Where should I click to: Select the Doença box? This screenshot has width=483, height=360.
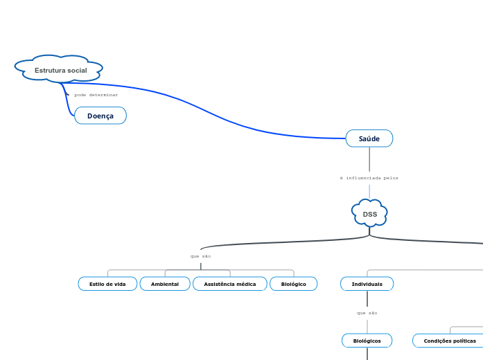click(100, 116)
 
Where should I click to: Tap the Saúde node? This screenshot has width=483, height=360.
click(369, 138)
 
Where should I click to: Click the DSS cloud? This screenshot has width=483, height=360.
click(369, 214)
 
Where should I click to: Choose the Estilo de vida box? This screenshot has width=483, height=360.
click(107, 284)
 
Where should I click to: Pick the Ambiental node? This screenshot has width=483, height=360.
click(165, 284)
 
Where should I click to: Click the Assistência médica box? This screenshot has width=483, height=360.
click(229, 284)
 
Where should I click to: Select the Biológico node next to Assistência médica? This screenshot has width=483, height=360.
click(293, 284)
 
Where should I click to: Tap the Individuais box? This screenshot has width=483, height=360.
click(367, 284)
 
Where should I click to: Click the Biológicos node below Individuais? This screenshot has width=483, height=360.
click(367, 341)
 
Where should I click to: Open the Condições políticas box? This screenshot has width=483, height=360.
click(449, 341)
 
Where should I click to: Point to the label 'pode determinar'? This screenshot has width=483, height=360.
click(96, 95)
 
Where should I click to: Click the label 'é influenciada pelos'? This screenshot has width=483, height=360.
click(369, 178)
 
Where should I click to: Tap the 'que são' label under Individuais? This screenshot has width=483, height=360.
click(367, 313)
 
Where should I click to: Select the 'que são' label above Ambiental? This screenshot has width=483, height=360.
click(200, 256)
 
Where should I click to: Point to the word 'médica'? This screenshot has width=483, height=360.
click(245, 284)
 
